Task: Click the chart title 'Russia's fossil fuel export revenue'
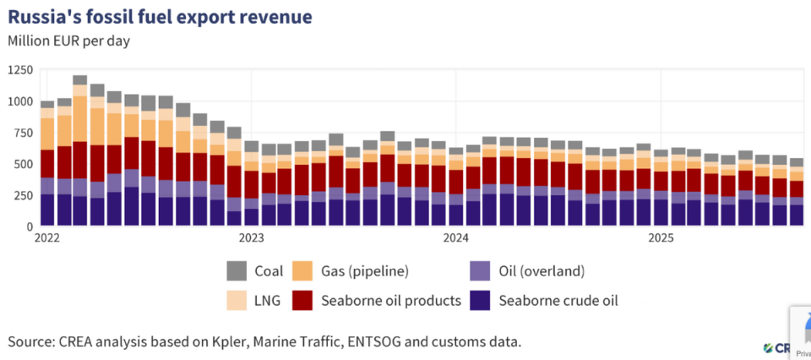coord(159,15)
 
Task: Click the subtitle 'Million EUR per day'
coord(68,40)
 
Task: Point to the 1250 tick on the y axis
coord(19,69)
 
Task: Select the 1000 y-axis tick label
coord(19,101)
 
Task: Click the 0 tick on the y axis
coord(29,226)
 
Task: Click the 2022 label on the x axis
coord(47,238)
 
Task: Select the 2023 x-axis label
coord(252,238)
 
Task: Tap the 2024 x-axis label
coord(456,238)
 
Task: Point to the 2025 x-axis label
coord(661,238)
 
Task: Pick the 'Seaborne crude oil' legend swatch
coord(479,300)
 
